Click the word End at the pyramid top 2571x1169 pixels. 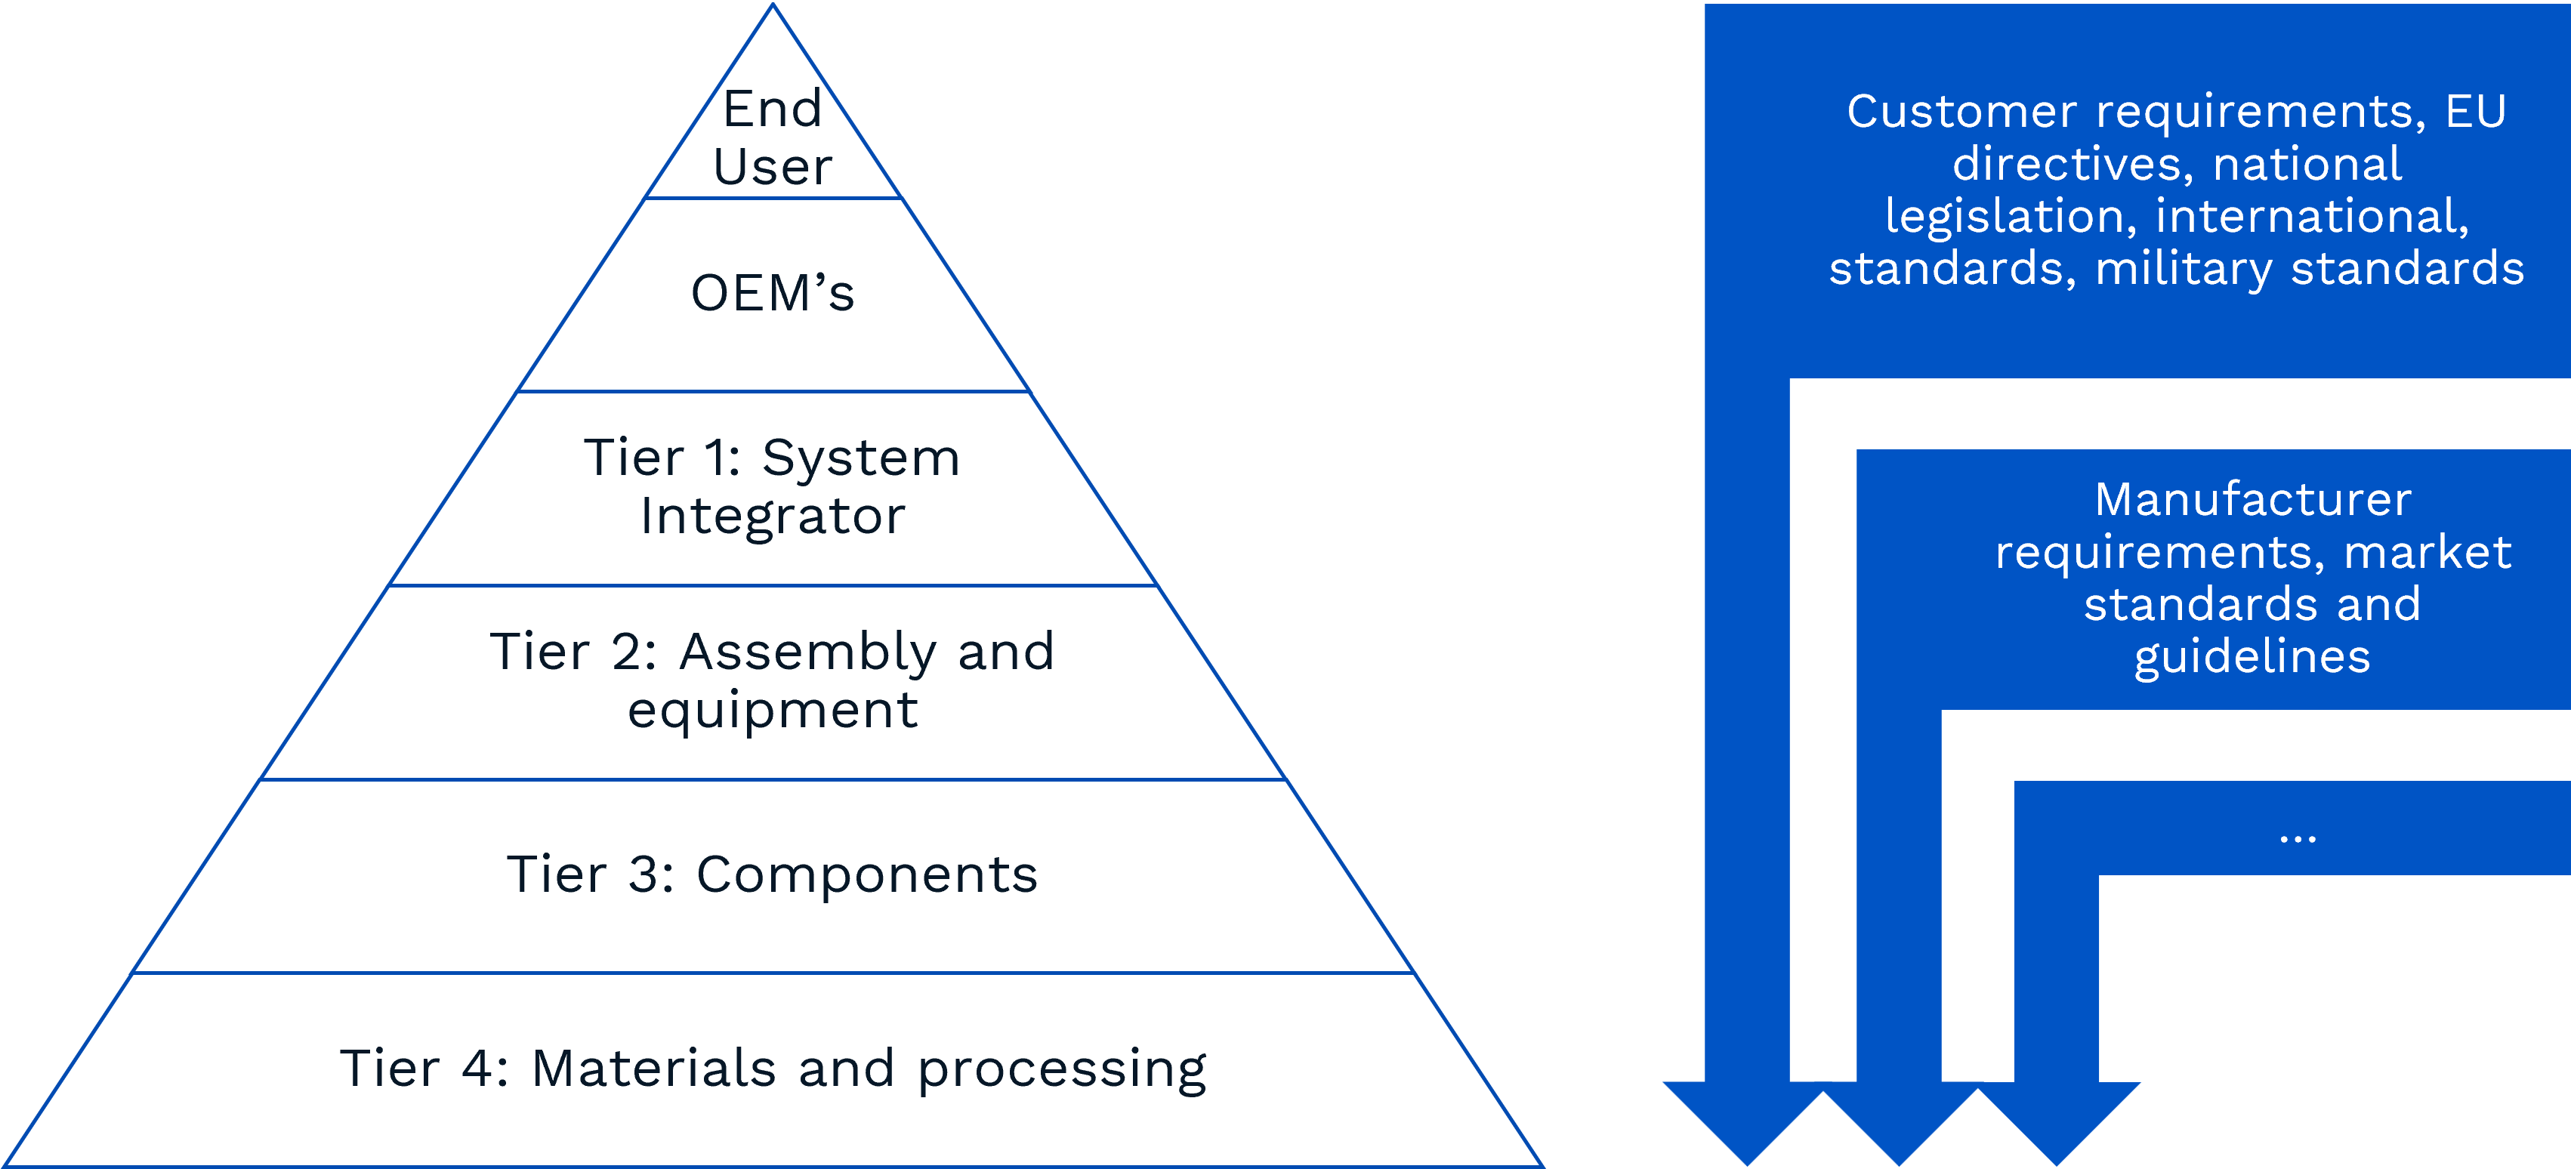773,109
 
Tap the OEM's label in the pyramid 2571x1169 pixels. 773,294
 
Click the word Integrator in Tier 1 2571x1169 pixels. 773,516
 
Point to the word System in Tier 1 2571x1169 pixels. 860,458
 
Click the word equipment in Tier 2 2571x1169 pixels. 773,711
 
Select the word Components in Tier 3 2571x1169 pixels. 866,874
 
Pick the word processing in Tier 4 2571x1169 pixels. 1062,1070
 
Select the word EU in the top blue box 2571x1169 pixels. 2475,111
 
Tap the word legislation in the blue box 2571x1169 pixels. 2010,217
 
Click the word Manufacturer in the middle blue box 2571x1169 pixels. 2252,499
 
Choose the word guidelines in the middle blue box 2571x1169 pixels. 2252,658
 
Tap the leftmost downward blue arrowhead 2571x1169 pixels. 1746,1123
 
